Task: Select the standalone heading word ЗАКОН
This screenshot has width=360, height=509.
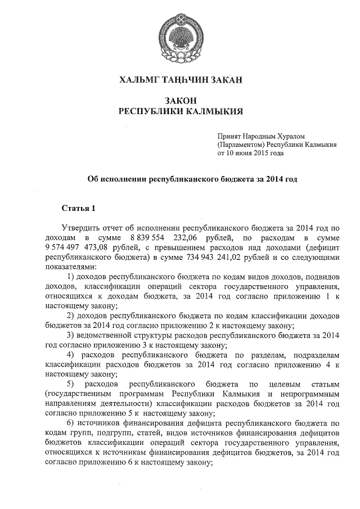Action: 180,100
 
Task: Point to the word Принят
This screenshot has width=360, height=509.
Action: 229,136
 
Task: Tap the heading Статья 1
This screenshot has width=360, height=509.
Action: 79,209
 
